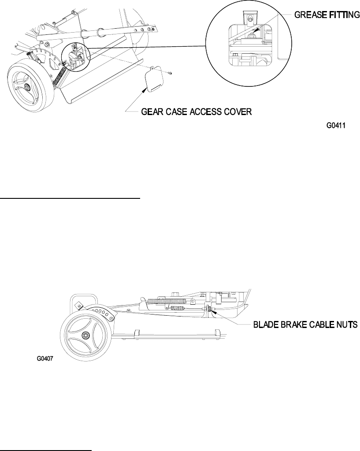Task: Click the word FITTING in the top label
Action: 342,15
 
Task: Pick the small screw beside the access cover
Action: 170,73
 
